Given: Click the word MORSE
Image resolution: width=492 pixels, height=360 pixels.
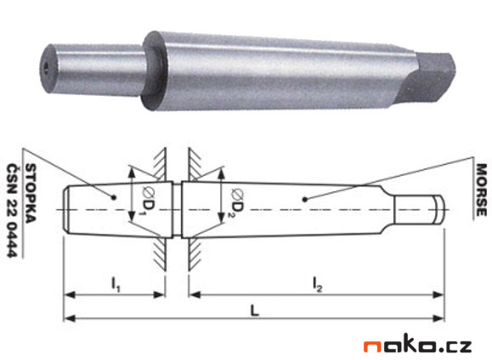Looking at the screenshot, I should coord(479,189).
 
